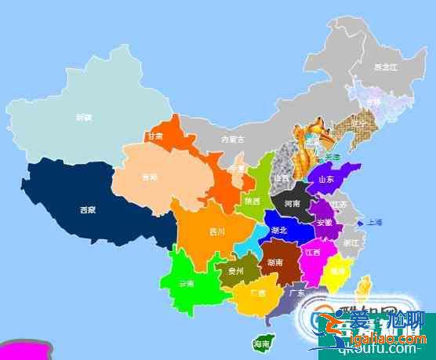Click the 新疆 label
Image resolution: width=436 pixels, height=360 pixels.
[84, 118]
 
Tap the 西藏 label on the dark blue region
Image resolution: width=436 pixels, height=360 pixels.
[88, 209]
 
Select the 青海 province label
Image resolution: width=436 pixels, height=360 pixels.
[149, 176]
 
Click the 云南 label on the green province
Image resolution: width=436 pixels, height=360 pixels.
[187, 283]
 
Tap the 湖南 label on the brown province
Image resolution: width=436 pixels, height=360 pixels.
[275, 262]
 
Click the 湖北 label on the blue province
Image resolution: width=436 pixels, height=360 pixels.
[278, 231]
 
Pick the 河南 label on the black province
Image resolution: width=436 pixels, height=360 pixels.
[292, 203]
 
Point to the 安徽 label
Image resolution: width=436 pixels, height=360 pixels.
[323, 223]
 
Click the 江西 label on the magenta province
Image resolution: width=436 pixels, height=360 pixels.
[312, 253]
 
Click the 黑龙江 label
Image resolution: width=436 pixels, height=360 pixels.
[384, 67]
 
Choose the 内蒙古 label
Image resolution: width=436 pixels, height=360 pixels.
[232, 140]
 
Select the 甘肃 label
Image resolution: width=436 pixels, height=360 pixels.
[154, 136]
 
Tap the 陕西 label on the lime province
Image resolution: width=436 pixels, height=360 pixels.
[253, 201]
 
